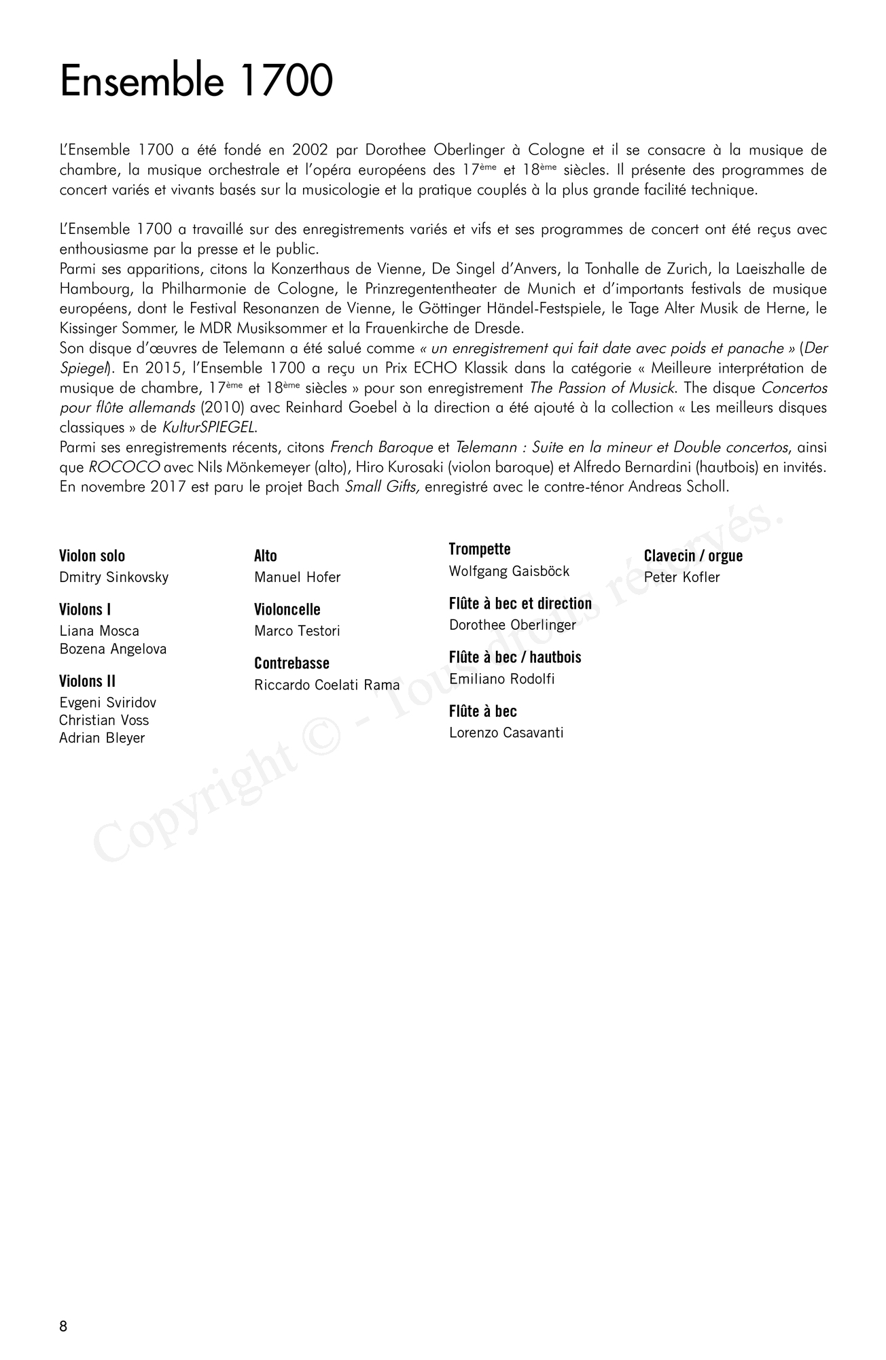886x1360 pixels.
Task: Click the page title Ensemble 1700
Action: click(x=196, y=81)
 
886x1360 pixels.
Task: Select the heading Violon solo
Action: click(x=92, y=556)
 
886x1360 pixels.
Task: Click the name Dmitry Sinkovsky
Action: click(x=113, y=577)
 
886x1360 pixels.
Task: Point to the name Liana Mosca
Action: click(x=99, y=631)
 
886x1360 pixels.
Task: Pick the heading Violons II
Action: click(x=87, y=681)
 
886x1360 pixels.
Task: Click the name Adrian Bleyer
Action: click(x=102, y=738)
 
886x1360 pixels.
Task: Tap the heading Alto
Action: click(x=266, y=556)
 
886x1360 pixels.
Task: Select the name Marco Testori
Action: click(x=297, y=631)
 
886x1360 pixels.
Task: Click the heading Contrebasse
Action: click(x=291, y=663)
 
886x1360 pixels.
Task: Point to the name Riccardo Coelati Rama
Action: click(x=327, y=685)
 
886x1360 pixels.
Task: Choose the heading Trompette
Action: click(x=480, y=549)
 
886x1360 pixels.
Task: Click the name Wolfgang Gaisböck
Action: click(x=509, y=571)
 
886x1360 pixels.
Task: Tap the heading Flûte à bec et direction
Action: click(x=520, y=603)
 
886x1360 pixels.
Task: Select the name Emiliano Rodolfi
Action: click(x=501, y=679)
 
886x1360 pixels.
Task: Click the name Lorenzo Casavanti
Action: click(x=506, y=732)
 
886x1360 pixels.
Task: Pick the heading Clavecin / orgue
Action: click(x=693, y=556)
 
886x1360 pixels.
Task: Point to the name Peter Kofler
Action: click(x=681, y=577)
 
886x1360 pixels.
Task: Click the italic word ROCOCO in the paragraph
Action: click(x=124, y=468)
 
